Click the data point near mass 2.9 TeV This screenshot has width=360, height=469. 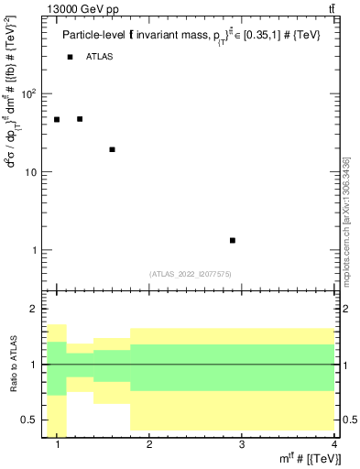[233, 240]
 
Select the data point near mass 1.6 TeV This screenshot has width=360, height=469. [112, 149]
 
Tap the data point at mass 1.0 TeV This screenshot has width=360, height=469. [57, 119]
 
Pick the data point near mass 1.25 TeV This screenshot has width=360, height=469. [80, 119]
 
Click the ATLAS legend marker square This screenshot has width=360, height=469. [70, 57]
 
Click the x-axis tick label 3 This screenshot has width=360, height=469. [241, 445]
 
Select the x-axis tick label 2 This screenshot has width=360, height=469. [149, 445]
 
